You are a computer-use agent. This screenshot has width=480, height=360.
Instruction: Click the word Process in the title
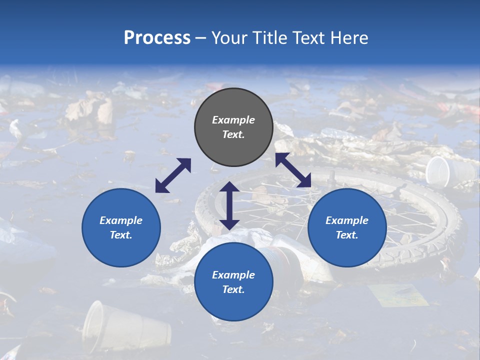(157, 38)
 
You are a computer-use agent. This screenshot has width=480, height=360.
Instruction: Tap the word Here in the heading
(348, 38)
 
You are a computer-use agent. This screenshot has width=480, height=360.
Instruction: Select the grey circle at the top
(233, 127)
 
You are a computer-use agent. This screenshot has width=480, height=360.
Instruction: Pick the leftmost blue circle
(121, 227)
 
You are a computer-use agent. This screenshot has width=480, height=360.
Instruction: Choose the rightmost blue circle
(347, 227)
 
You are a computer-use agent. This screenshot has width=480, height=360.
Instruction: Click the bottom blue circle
(233, 282)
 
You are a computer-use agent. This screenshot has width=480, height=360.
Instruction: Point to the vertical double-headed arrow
(229, 205)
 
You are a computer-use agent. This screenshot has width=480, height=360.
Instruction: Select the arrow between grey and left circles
(173, 175)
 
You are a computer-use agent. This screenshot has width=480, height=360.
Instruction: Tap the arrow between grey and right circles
(293, 170)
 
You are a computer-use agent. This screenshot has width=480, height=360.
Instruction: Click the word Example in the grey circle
(233, 120)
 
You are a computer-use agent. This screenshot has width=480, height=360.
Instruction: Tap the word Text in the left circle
(121, 235)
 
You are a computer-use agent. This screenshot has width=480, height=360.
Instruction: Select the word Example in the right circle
(347, 220)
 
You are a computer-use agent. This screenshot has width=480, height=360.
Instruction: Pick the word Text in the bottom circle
(233, 289)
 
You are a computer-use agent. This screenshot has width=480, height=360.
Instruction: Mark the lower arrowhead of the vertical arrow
(229, 223)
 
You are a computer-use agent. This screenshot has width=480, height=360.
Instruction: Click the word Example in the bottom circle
(233, 275)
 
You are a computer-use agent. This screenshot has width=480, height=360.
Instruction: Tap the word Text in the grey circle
(233, 134)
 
